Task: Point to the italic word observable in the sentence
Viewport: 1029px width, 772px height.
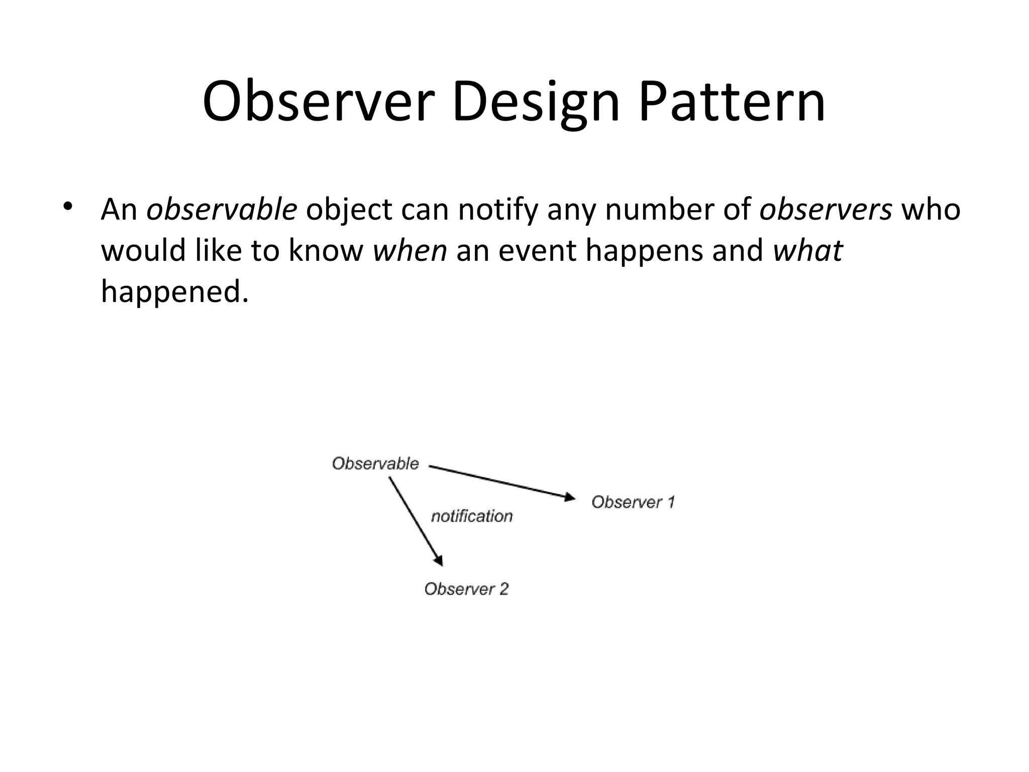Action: coord(222,210)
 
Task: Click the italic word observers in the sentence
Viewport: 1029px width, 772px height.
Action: coord(826,210)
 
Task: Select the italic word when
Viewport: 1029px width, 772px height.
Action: coord(409,250)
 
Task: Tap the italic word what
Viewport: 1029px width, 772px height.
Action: coord(807,250)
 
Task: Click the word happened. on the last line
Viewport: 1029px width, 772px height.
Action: coord(175,292)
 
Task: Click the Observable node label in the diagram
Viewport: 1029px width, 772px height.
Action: coord(375,463)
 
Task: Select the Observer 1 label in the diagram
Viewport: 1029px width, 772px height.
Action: coord(633,502)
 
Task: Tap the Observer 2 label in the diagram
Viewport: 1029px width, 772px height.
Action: coord(466,589)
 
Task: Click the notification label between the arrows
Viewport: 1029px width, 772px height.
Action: coord(472,516)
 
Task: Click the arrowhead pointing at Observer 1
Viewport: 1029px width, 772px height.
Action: coord(570,498)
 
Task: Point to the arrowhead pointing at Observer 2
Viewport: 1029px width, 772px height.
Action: coord(439,560)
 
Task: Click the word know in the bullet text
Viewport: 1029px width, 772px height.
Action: coord(326,250)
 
